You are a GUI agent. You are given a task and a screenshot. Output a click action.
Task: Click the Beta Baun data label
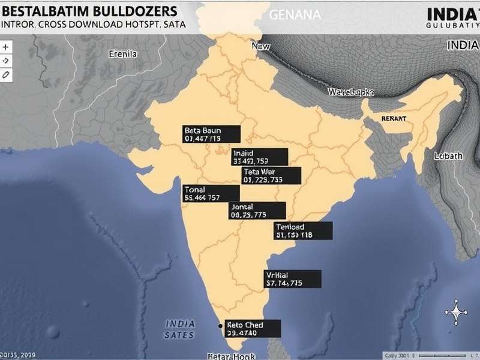[211, 134]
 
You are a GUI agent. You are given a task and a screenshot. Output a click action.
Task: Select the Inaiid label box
[260, 157]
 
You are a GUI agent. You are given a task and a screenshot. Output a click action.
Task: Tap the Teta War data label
[271, 175]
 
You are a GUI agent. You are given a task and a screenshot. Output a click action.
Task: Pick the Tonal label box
[211, 193]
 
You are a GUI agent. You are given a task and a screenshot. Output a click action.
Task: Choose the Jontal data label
[257, 211]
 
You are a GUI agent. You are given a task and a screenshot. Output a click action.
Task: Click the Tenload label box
[303, 231]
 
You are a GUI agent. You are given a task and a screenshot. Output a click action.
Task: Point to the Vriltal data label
[292, 278]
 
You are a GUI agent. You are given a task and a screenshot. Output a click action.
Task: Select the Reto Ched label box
[253, 328]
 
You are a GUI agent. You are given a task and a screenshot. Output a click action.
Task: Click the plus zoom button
[6, 47]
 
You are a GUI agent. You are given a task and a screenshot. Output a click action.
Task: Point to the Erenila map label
[123, 53]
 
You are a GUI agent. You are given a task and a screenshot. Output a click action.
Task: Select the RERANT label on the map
[394, 119]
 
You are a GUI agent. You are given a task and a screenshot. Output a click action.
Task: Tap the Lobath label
[448, 156]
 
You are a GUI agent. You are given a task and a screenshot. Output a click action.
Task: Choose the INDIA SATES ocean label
[180, 329]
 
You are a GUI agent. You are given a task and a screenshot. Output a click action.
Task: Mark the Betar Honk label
[231, 356]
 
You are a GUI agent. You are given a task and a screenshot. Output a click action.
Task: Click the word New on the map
[261, 46]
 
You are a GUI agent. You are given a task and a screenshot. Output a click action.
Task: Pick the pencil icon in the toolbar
[6, 74]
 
